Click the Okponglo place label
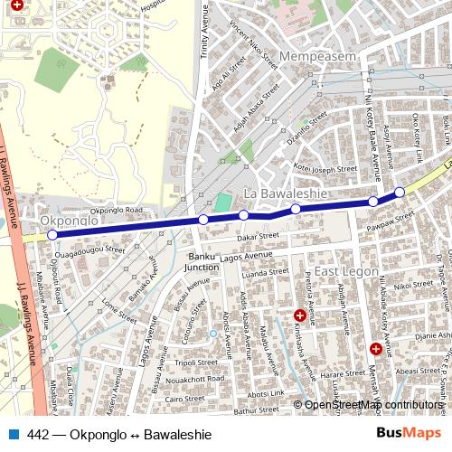click(x=69, y=221)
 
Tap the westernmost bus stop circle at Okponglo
click(x=52, y=234)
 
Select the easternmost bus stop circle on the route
click(x=400, y=192)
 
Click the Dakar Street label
click(x=256, y=237)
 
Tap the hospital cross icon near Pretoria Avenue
click(x=299, y=315)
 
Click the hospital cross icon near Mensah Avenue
click(x=375, y=348)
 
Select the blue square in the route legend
click(x=12, y=434)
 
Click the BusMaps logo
click(x=409, y=434)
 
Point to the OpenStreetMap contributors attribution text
click(x=373, y=405)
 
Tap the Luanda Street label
click(x=266, y=272)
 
